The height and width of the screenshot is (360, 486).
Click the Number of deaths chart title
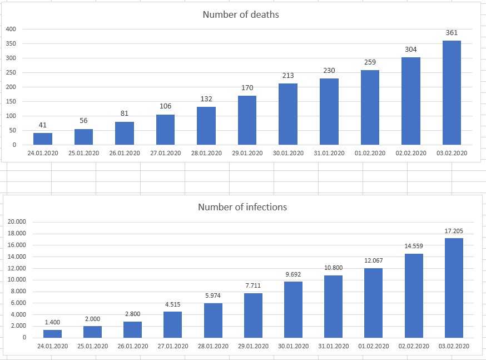(x=241, y=14)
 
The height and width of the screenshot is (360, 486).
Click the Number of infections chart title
(x=242, y=207)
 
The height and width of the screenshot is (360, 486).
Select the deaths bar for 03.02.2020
(x=452, y=92)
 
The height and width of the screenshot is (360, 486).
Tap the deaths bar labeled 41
(x=42, y=139)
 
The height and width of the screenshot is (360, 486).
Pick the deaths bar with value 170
(x=247, y=120)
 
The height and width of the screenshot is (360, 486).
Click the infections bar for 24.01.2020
(x=52, y=333)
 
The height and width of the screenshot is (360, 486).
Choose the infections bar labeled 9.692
(x=293, y=309)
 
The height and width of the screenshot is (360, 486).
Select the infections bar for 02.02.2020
(x=414, y=295)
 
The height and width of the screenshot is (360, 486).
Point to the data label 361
(x=452, y=33)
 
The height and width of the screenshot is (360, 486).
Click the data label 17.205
(x=454, y=231)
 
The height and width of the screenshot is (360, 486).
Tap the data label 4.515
(x=172, y=304)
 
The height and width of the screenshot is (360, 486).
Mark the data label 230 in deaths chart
(x=329, y=71)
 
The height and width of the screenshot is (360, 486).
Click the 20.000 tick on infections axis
(x=17, y=221)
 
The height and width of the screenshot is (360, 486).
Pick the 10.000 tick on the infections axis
(x=17, y=279)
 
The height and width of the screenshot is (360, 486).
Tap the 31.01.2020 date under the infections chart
(x=333, y=346)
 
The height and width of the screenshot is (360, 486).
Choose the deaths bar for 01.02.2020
(x=370, y=107)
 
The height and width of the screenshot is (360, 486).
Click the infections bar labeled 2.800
(x=132, y=329)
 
